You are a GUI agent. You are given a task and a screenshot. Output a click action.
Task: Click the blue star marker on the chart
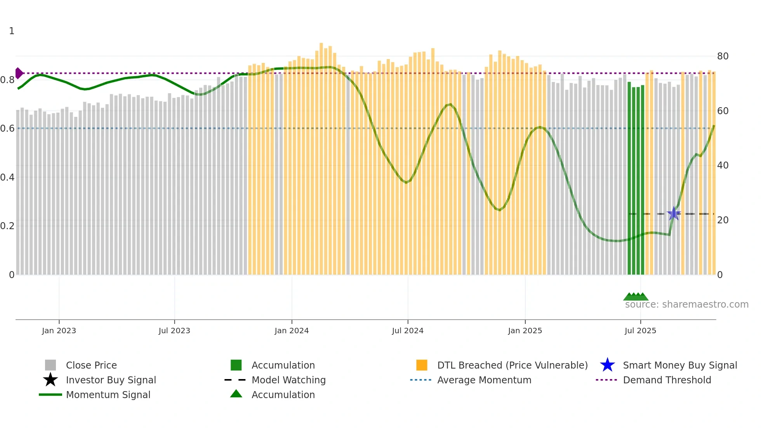coord(674,214)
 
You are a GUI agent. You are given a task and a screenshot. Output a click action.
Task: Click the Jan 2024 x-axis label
coord(292,331)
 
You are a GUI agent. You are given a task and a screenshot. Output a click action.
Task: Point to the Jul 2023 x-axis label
coord(174,331)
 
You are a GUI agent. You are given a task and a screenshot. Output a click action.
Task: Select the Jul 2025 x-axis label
coord(640,331)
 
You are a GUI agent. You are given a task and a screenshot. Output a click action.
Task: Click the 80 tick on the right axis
coord(723,56)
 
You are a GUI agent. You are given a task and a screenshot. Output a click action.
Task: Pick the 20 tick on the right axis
coord(723,220)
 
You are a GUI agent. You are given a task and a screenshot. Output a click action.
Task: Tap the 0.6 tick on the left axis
coord(7,129)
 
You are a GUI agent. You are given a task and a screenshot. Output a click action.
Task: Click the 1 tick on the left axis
coord(12,31)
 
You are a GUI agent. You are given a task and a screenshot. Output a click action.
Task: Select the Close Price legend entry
coord(91,365)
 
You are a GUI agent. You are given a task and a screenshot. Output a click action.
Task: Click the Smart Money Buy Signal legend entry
coord(679,365)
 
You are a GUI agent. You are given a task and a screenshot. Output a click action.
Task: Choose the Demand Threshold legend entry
coord(667,380)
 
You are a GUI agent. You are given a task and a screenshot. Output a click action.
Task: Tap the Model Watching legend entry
coord(288,380)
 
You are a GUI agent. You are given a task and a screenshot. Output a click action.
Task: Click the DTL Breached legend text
coord(512,365)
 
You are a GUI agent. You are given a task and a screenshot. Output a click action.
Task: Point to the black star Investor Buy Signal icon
coord(50,380)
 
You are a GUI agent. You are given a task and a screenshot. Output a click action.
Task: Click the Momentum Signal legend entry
coord(108,395)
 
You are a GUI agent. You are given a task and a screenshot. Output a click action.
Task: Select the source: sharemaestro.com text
coord(686,304)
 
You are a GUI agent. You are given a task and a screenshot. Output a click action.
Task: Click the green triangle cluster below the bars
coord(636,297)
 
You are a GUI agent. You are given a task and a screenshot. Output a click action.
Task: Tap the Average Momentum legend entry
coord(484,380)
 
